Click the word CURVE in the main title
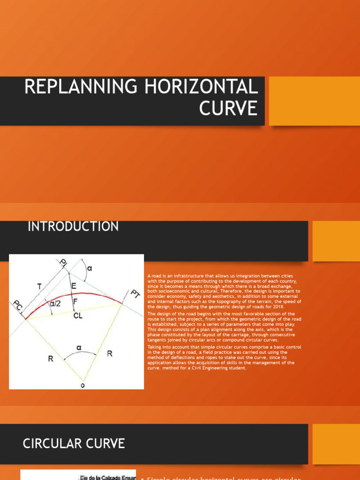point(228,108)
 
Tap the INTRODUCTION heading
point(73,227)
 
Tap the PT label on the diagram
point(135,295)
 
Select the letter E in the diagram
point(74,285)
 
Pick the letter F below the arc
point(75,301)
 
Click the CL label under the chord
point(78,316)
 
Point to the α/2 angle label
point(55,304)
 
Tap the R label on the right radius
point(109,353)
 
